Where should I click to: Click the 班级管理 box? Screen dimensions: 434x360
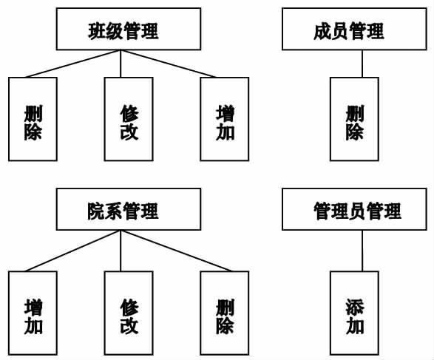pos(129,29)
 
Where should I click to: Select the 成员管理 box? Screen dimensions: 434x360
pos(354,29)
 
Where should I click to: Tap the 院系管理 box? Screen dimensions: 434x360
pos(129,209)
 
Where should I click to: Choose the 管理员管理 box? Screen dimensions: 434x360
pos(354,209)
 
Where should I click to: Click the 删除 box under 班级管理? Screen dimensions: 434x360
pos(33,119)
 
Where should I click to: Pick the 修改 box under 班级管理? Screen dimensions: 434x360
pos(129,119)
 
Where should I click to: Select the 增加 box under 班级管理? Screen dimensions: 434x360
pos(225,119)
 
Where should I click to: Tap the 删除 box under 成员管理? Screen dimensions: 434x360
pos(354,119)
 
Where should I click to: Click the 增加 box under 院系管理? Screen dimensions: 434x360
pos(33,313)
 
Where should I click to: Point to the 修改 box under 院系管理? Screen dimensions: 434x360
pos(129,313)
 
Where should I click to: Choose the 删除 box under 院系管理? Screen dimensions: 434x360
pos(225,313)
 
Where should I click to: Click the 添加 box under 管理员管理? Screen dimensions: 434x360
pos(354,313)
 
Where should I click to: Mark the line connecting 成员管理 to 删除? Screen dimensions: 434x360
pos(362,64)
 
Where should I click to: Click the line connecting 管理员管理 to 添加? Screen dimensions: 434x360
pos(362,251)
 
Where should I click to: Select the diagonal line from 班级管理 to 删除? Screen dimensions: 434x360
pos(72,64)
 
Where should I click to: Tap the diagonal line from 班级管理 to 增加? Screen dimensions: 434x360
pos(169,64)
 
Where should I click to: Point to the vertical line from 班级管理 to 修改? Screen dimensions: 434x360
pos(121,64)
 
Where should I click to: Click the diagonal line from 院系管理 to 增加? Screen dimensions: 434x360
pos(72,251)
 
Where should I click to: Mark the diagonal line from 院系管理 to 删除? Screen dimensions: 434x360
pos(176,251)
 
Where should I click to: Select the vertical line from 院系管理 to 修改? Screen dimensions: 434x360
pos(121,251)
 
